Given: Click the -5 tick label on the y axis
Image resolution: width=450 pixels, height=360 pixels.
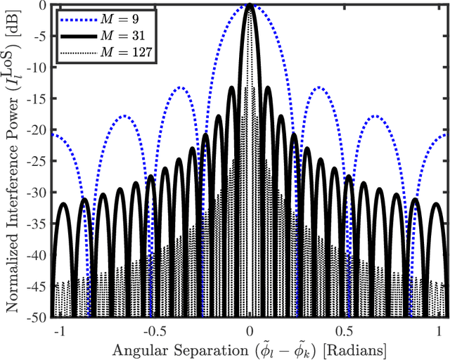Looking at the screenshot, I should tap(39, 36).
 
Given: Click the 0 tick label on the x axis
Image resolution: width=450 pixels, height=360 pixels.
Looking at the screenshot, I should tap(250, 330).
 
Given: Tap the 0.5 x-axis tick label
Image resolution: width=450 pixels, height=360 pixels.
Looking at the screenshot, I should tap(346, 330).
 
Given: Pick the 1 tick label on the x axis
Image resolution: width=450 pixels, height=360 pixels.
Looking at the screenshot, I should tap(442, 330).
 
